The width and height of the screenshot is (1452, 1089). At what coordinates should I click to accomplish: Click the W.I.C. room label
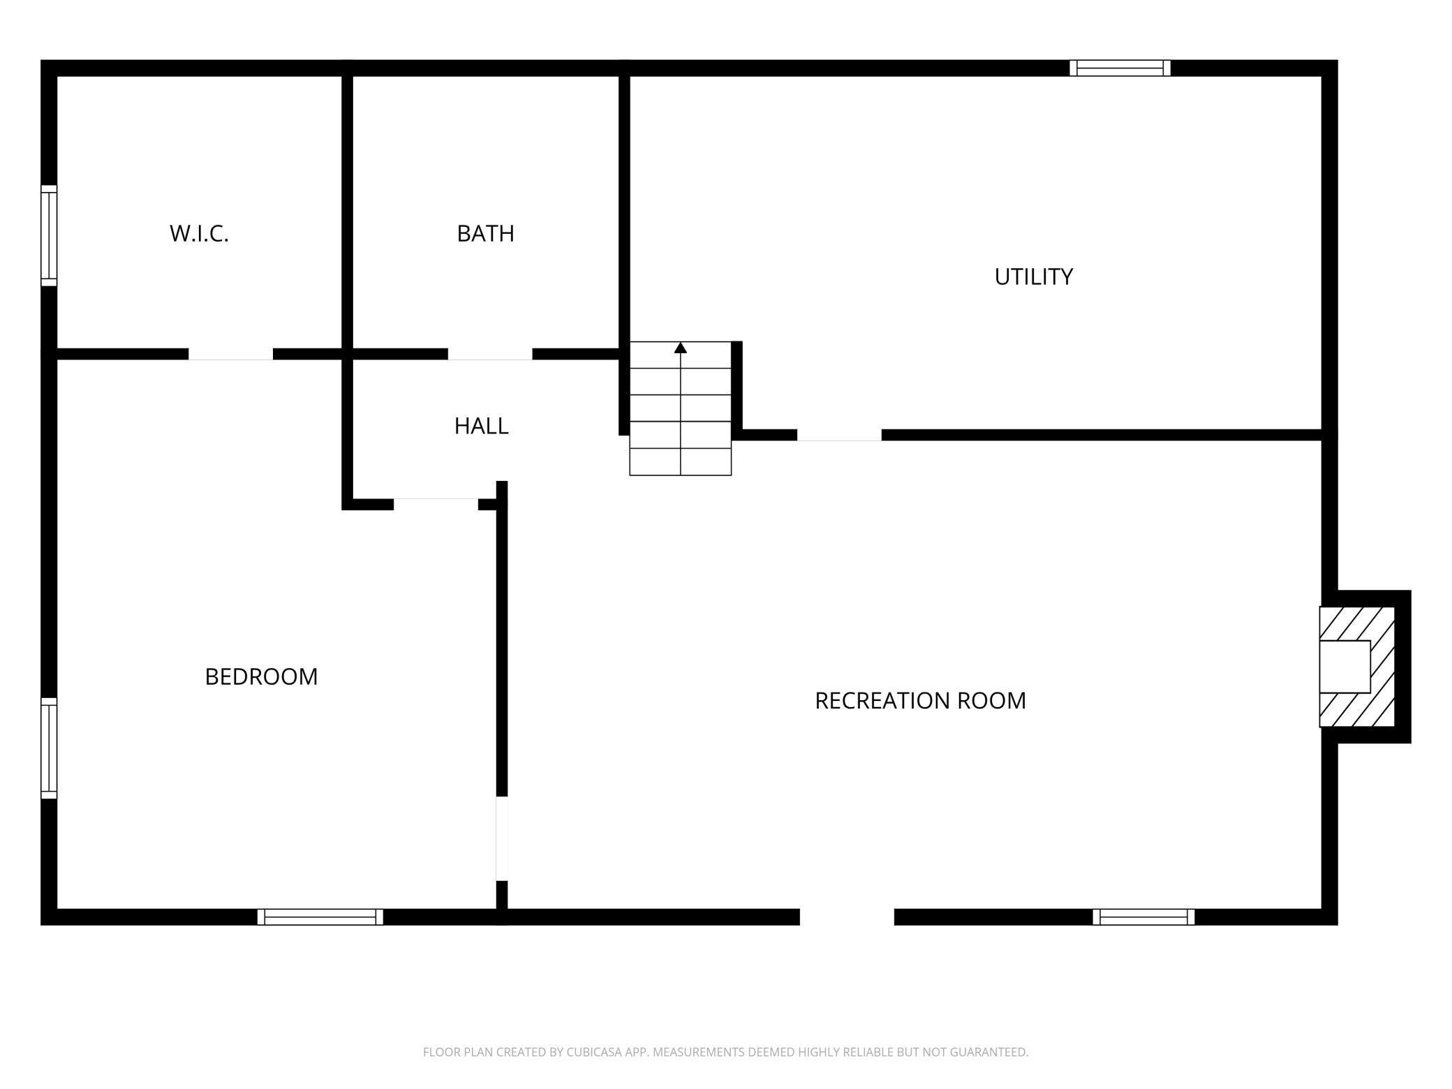199,233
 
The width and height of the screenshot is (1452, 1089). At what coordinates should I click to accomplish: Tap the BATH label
485,233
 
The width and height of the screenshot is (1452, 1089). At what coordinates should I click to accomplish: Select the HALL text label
481,426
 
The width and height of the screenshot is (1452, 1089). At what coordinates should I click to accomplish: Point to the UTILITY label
1033,277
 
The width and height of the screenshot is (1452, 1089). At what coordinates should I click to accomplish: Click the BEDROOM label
261,676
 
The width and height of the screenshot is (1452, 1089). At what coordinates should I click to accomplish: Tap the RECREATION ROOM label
920,700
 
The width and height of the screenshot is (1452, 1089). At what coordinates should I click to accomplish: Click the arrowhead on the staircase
681,348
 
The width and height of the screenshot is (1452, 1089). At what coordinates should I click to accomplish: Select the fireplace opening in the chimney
1344,667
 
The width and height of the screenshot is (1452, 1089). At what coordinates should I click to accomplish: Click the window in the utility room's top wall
1120,68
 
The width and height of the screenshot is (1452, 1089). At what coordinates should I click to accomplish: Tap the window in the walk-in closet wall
48,235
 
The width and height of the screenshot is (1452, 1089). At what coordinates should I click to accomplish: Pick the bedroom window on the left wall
48,748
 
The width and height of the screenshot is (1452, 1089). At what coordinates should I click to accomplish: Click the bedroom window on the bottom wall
320,917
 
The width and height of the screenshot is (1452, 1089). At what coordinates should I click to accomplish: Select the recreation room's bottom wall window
1143,917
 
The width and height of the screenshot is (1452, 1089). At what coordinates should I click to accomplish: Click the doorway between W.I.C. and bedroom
230,355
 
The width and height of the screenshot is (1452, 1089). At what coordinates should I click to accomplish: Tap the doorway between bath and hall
489,355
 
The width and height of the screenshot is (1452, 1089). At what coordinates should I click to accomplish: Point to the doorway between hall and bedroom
436,504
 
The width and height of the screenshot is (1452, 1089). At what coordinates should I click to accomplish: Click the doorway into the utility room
839,435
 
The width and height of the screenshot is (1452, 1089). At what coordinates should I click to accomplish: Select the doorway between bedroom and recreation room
501,838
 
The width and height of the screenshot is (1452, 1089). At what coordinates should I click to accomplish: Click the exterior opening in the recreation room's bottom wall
846,917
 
